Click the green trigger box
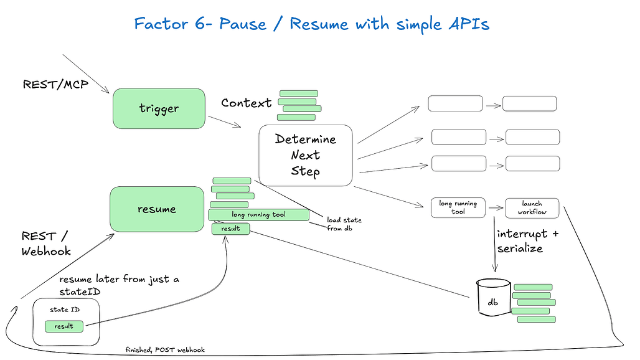[x=159, y=108]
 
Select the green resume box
[x=157, y=209]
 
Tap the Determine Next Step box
[x=305, y=156]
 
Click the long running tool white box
[x=458, y=207]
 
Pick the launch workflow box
[x=532, y=208]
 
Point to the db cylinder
[x=494, y=298]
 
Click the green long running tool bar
[x=259, y=215]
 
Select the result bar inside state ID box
[x=64, y=326]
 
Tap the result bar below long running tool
[x=230, y=229]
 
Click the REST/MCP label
[x=55, y=85]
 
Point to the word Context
[x=246, y=103]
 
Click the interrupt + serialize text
[x=527, y=241]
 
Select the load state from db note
[x=344, y=224]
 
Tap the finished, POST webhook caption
[x=165, y=350]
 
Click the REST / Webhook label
[x=46, y=244]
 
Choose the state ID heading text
[x=65, y=310]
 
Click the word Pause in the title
[x=242, y=24]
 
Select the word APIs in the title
[x=469, y=24]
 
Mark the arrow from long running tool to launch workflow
[x=496, y=208]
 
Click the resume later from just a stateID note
[x=119, y=285]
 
